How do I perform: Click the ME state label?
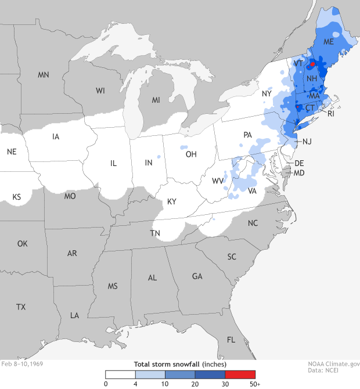(329, 42)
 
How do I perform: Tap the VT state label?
(298, 63)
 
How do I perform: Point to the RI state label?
(331, 114)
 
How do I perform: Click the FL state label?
(231, 340)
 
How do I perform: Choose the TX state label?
(21, 307)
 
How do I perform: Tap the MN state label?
(44, 75)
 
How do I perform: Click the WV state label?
(218, 181)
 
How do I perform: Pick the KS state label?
(17, 197)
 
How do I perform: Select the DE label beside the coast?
(300, 164)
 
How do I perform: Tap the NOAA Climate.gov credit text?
(334, 364)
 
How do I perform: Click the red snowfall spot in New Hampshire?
(312, 64)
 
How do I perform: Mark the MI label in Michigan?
(156, 100)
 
